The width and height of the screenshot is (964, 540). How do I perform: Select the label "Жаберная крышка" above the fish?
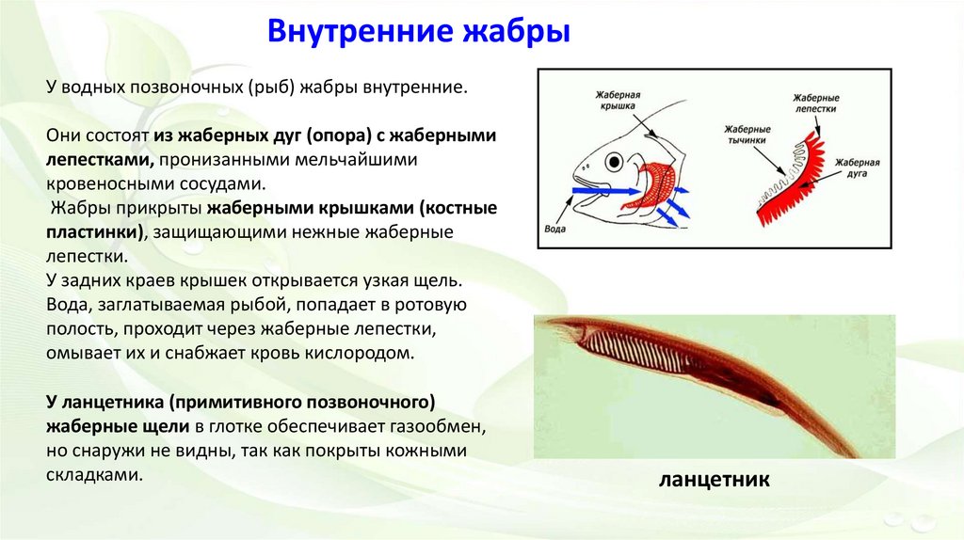click(x=617, y=100)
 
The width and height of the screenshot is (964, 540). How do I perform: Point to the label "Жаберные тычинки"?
click(x=747, y=134)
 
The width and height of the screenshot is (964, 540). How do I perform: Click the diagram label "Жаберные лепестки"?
click(x=815, y=103)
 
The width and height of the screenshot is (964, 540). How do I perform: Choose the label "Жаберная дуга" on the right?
click(x=857, y=167)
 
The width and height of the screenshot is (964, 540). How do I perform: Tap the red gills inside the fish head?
click(x=653, y=183)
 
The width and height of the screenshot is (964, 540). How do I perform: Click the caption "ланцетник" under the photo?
click(x=715, y=480)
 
